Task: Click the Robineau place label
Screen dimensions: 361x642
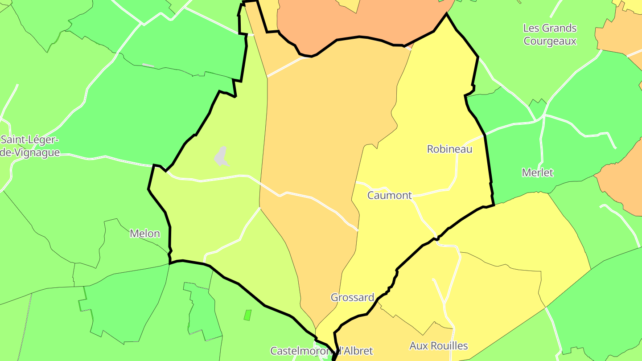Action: [449, 149]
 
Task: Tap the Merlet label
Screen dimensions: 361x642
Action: [538, 172]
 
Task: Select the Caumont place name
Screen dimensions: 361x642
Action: [389, 195]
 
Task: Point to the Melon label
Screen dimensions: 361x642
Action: [145, 234]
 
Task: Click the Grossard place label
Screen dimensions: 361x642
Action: [352, 297]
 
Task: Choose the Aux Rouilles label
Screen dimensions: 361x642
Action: [439, 346]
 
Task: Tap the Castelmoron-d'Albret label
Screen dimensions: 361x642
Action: [321, 351]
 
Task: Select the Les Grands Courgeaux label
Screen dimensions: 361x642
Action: [550, 35]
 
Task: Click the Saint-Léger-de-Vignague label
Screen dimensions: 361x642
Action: [29, 146]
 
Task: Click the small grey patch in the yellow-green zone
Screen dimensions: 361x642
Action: [221, 157]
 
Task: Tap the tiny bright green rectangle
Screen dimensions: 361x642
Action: [247, 315]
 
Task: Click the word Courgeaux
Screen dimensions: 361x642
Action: [550, 41]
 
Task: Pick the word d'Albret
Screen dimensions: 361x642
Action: [354, 351]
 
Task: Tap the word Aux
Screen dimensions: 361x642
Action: [418, 346]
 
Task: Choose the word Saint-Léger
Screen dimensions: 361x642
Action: [29, 140]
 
